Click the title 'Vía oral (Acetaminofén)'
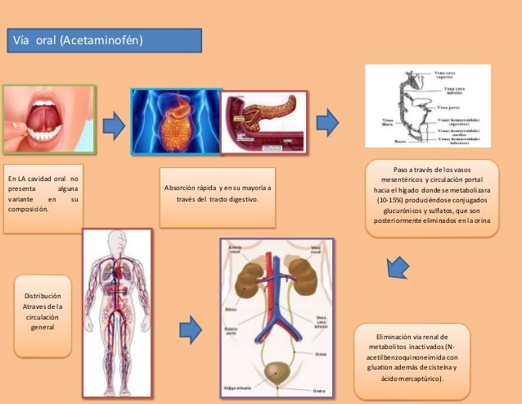pyautogui.click(x=76, y=40)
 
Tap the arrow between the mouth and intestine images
pyautogui.click(x=113, y=125)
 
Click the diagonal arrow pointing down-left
pyautogui.click(x=397, y=267)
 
